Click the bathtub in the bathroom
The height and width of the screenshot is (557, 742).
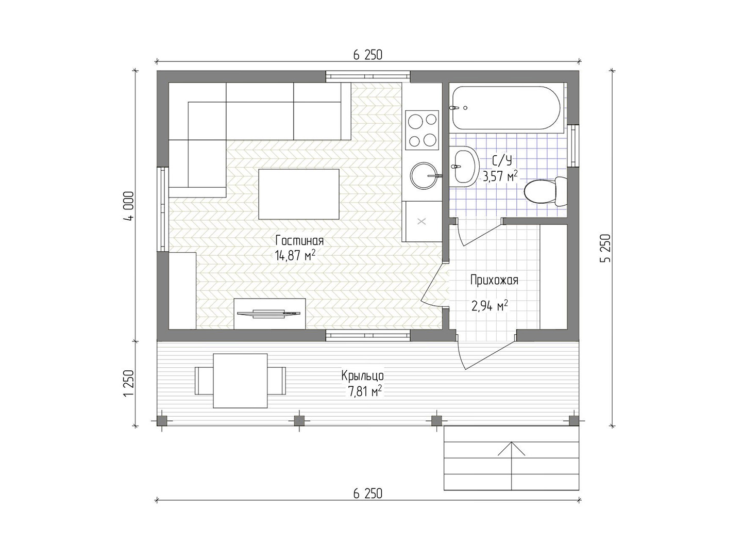pos(506,108)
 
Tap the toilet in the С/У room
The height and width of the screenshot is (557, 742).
pos(545,191)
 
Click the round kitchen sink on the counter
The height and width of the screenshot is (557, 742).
pos(424,176)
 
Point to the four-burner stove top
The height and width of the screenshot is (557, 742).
pos(422,130)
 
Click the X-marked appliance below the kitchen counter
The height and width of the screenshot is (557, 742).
pos(421,222)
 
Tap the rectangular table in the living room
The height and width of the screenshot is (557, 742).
pos(299,194)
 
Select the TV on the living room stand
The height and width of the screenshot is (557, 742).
pos(269,314)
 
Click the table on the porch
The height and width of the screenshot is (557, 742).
pos(240,381)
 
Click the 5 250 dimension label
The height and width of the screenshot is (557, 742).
pos(605,248)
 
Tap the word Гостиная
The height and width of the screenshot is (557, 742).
pos(299,240)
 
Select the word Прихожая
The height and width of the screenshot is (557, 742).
pos(494,281)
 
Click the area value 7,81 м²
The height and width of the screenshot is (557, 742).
pos(365,391)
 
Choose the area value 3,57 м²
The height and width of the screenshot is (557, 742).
pos(500,176)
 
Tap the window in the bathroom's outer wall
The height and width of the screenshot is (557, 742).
pos(573,146)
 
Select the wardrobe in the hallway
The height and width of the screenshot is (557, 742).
pos(553,276)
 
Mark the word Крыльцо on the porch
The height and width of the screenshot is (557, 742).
pos(362,376)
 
